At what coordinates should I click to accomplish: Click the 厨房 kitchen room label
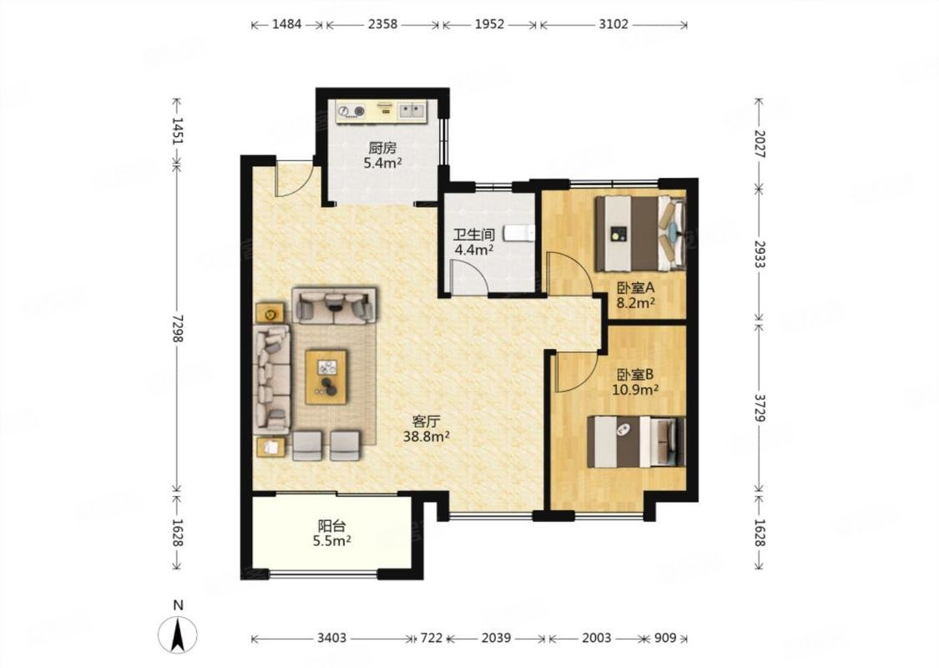point(382,148)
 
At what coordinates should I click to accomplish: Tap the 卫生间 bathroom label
point(474,235)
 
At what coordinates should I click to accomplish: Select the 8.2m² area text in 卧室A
point(636,303)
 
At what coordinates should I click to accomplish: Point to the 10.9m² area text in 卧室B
point(635,391)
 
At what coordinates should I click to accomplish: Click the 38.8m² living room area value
point(427,437)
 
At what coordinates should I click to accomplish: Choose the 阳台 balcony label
point(331,526)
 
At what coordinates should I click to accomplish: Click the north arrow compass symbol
point(177,635)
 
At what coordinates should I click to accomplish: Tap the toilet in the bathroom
point(519,232)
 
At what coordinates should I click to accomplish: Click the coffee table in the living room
point(326,377)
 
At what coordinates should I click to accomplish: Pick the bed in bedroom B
point(636,442)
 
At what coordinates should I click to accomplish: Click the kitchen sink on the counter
point(411,109)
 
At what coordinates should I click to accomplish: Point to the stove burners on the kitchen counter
point(351,111)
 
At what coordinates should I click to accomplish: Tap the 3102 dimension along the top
point(613,24)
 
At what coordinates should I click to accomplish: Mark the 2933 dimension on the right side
point(760,255)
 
